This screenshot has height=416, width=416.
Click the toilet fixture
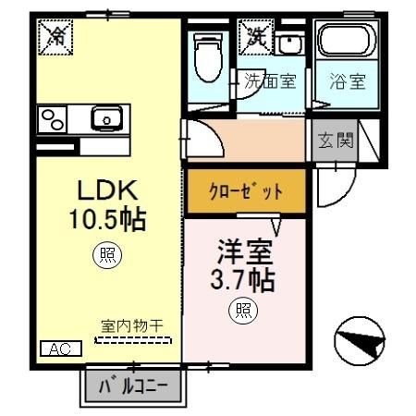(208, 57)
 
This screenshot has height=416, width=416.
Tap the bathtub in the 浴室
(347, 40)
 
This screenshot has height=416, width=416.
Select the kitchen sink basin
(106, 118)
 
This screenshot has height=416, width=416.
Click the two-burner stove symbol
(52, 119)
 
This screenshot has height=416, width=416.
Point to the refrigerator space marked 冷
(55, 37)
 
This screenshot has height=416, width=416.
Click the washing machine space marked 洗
(256, 37)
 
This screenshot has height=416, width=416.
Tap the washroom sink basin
(289, 43)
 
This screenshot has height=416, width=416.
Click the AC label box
(61, 349)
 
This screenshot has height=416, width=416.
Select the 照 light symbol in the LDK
(107, 254)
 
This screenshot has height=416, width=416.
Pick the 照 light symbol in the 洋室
(243, 311)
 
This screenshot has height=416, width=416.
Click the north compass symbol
(360, 341)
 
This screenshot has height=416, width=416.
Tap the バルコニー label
(133, 386)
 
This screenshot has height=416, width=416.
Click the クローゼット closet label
(246, 191)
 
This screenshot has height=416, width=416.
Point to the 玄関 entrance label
(336, 141)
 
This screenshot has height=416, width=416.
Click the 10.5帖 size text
(107, 219)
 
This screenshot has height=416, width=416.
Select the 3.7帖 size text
(243, 281)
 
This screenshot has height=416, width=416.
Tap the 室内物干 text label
(132, 326)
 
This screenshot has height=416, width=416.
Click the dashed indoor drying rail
(133, 340)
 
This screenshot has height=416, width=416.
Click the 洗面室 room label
(270, 81)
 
